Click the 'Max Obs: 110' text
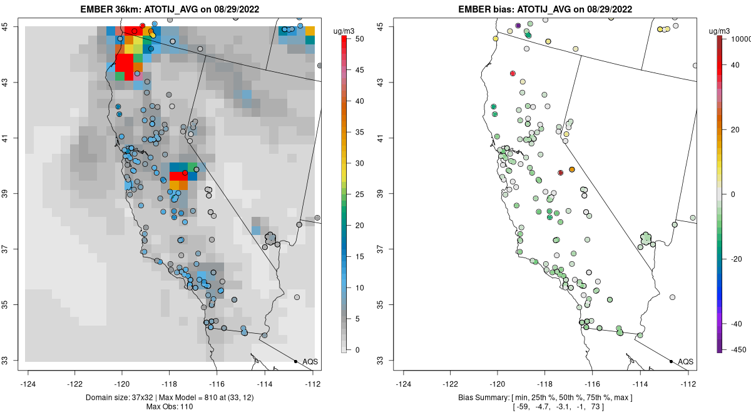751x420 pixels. click(x=169, y=407)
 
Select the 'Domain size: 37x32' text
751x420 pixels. click(x=116, y=398)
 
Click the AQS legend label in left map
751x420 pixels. click(x=310, y=361)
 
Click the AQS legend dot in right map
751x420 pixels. click(x=670, y=361)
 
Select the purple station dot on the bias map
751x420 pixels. click(x=518, y=26)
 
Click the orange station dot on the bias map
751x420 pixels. click(x=572, y=169)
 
